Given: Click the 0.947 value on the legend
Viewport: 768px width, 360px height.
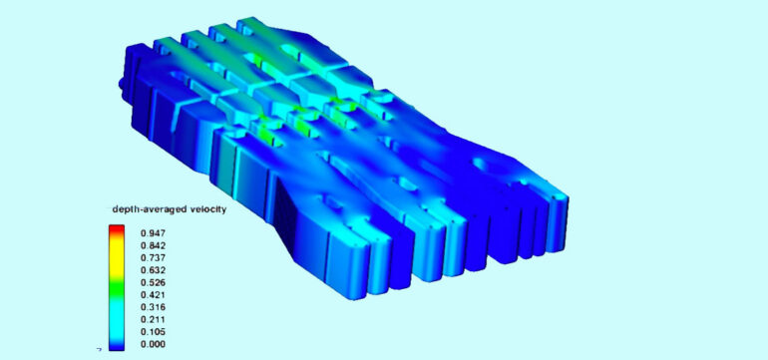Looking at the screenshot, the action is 153,232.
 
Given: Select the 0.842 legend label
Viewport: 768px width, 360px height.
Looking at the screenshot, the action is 153,245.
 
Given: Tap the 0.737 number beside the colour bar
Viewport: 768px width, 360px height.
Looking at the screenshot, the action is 153,257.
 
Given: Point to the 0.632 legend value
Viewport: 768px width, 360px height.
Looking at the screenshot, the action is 153,270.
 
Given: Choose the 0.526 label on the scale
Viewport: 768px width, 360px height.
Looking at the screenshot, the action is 153,282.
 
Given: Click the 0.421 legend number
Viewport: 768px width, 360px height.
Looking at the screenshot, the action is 153,295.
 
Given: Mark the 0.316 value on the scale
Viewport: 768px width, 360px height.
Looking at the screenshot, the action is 153,307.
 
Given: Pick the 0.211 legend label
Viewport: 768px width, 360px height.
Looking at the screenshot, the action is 153,320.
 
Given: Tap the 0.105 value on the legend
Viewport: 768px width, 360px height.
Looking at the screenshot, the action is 153,332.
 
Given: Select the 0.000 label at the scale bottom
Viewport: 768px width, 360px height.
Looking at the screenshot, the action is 153,344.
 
